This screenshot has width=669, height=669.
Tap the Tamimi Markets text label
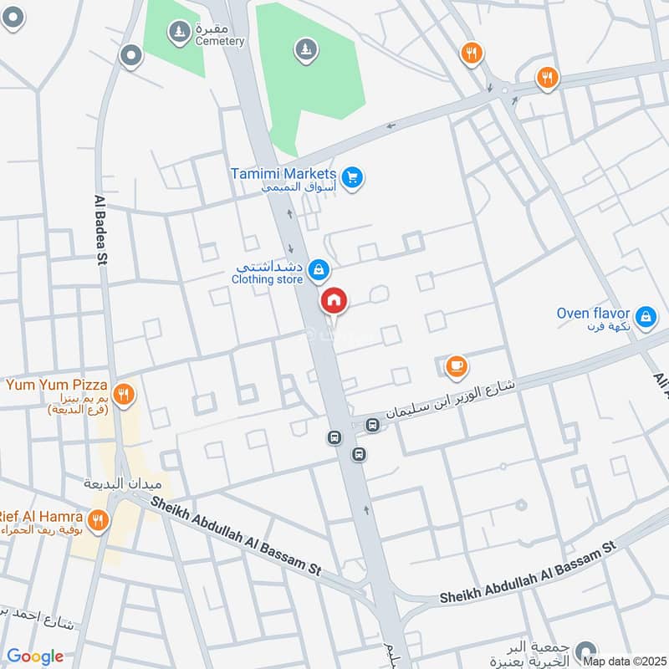tap(283, 174)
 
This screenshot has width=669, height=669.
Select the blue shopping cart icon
tap(352, 177)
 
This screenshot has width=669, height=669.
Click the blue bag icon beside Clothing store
tap(318, 269)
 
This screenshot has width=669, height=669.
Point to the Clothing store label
tap(267, 279)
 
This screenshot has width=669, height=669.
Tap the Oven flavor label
tap(592, 313)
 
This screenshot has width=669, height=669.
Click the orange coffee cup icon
tap(455, 365)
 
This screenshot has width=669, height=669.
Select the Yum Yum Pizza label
tap(57, 386)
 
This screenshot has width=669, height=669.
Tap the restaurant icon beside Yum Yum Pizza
tap(124, 394)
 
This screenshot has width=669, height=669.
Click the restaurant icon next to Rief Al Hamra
tap(99, 521)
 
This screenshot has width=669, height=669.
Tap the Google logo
tap(35, 656)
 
